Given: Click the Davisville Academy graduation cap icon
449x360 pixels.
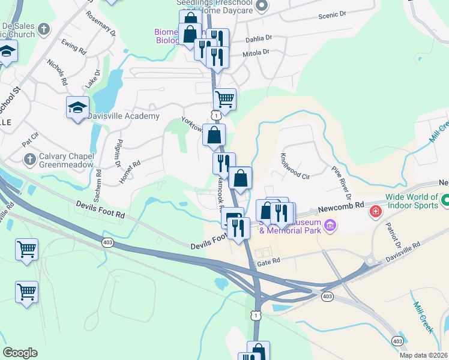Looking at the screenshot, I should [77, 108].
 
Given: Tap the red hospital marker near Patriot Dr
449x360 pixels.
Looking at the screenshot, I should [375, 212].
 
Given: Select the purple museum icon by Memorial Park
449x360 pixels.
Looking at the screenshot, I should [329, 226].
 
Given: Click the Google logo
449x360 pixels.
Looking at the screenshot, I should [20, 353].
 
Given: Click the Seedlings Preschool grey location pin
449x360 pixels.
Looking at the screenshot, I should [261, 5].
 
